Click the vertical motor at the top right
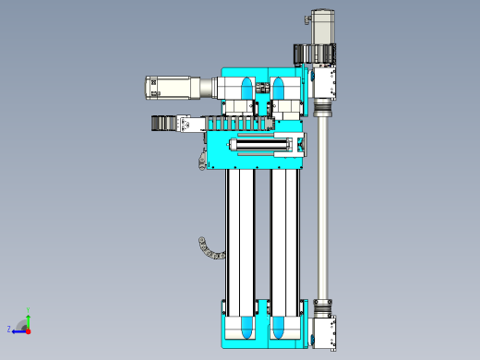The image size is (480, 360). pos(323,27)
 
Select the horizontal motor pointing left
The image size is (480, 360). pos(173,88)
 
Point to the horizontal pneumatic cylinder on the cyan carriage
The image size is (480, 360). pos(261,145)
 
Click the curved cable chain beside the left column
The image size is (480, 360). pos(210,250)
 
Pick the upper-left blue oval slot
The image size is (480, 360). pos(246,88)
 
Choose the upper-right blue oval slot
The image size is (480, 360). pos(278,88)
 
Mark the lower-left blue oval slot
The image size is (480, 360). pos(246,328)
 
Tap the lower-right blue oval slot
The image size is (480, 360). pos(278,328)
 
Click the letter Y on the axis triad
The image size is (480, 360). pos(28,310)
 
